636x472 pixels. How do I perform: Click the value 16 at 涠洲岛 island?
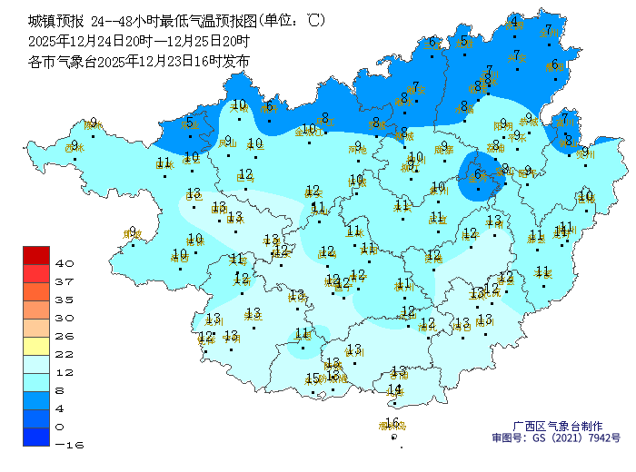[393, 422]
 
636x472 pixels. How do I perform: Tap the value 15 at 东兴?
[313, 379]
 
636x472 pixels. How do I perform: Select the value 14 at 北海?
[395, 389]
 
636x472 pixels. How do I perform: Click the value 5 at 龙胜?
[464, 40]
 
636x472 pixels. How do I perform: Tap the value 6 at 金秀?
[478, 174]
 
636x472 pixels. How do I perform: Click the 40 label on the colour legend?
[65, 263]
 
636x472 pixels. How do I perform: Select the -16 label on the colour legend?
[65, 445]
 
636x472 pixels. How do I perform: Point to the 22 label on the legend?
[65, 354]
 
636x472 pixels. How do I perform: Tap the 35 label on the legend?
[65, 300]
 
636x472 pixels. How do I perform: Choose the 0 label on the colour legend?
[59, 427]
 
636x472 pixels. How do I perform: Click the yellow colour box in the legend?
[36, 345]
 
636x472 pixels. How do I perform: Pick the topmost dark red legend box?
[36, 254]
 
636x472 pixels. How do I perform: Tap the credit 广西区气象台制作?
[558, 426]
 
